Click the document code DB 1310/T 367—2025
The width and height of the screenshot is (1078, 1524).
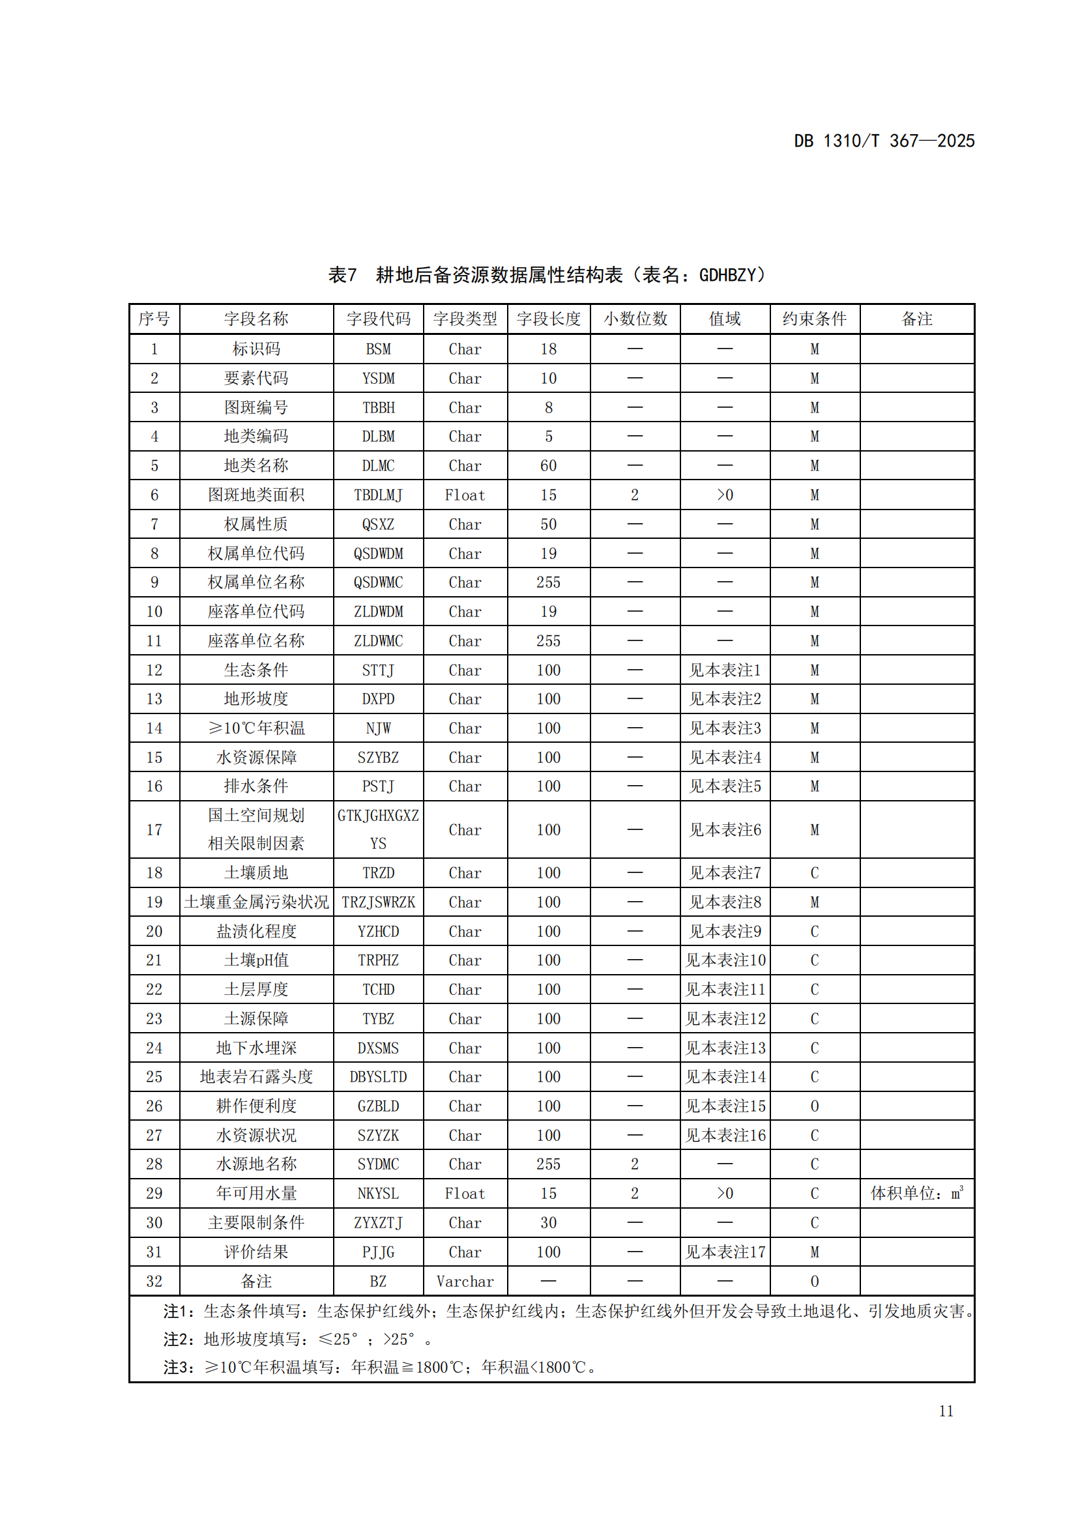884,141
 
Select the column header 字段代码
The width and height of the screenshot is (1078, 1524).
379,319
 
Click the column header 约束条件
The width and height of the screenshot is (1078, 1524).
815,319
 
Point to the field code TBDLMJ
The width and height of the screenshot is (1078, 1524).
379,495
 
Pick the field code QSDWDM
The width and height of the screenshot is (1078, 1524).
379,554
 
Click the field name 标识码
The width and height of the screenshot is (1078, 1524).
256,349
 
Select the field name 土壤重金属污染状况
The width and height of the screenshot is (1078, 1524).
256,902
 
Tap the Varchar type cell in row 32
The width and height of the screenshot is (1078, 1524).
465,1282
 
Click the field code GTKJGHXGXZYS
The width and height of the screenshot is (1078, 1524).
379,829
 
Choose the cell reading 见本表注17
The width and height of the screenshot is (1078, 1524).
725,1252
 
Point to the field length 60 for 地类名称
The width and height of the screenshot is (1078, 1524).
548,466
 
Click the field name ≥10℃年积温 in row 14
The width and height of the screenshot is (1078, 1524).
256,728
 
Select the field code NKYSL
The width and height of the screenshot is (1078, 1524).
379,1194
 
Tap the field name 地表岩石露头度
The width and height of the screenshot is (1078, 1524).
256,1076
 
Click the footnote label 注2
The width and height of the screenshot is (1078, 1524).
179,1340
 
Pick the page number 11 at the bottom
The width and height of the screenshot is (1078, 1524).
946,1411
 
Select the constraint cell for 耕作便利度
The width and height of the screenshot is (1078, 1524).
815,1106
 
